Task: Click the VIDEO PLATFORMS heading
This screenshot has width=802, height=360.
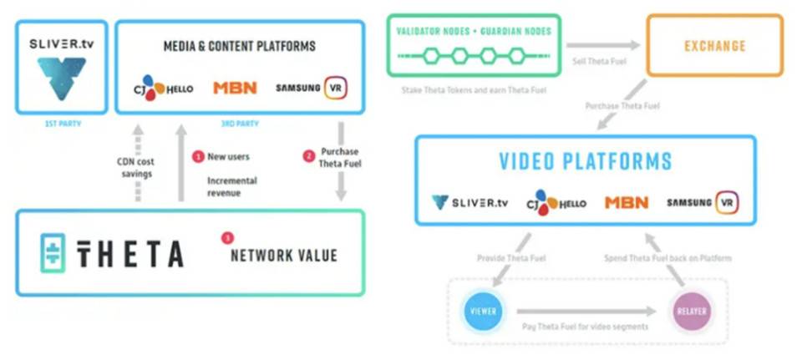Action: (585, 160)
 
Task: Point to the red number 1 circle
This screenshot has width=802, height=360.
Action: (198, 156)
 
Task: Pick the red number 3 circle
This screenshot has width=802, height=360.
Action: (227, 238)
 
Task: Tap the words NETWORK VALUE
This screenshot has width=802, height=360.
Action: (283, 255)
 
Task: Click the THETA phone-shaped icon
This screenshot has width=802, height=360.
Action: (53, 254)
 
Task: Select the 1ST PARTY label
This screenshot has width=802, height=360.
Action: (62, 123)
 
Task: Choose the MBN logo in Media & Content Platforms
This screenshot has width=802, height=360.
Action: (234, 87)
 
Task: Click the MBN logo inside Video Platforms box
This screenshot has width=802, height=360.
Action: (627, 202)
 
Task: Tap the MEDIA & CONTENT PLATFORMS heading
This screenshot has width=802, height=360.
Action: (239, 46)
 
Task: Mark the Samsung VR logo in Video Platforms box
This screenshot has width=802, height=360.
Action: (702, 202)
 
